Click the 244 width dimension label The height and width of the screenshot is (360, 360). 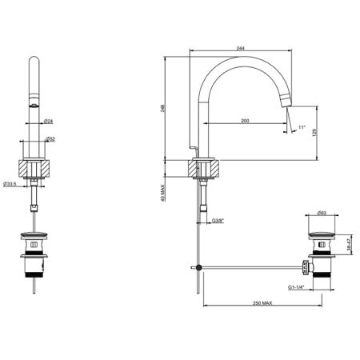pos(240,48)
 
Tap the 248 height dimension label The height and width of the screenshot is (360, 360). pos(163,108)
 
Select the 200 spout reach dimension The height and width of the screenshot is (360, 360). pos(245,121)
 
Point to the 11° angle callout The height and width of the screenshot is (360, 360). pos(302,127)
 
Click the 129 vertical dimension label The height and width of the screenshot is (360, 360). pos(314,132)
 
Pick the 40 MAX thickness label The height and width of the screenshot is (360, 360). pos(163,193)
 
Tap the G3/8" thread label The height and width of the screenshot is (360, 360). pos(218,221)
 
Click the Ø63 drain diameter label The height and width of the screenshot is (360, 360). pos(322,213)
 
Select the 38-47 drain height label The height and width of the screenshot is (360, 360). pos(349,245)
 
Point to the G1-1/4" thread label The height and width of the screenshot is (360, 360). pos(296,287)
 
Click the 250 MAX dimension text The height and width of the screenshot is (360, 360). pos(262,303)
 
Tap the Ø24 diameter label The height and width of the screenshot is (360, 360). pos(48,121)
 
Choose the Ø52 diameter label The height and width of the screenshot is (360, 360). pos(50,139)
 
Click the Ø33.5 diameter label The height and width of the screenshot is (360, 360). pos(10,184)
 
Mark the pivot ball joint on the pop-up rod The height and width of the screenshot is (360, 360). pos(198,267)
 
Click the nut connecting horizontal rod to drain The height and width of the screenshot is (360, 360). pos(306,267)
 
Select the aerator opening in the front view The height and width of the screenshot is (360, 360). pos(34,106)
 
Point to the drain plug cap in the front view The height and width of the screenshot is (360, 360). pos(34,235)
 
